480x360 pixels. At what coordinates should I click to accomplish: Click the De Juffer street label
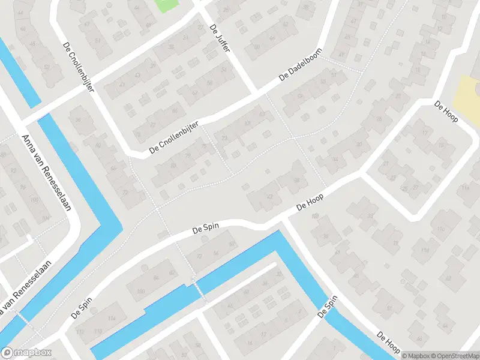(220, 38)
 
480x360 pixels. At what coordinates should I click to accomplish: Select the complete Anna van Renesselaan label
(46, 172)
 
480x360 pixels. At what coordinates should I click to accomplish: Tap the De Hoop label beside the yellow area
(446, 112)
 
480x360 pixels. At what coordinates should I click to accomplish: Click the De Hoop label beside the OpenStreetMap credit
(389, 343)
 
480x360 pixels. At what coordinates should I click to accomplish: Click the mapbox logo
(27, 352)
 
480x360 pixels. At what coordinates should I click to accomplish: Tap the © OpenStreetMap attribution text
(451, 355)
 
